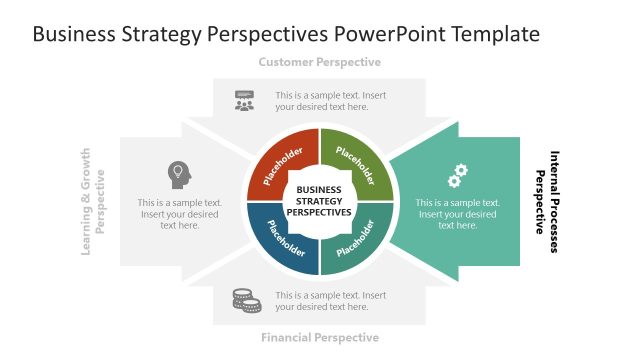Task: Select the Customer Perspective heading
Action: pos(319,62)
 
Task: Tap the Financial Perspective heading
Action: pos(319,338)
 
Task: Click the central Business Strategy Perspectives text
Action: pos(319,201)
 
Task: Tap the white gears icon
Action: pos(457,176)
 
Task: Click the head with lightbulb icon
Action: pos(179,174)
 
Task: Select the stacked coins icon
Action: pos(246,300)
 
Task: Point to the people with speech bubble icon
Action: pos(245,101)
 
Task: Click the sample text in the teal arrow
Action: pos(457,214)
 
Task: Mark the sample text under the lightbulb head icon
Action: pos(180,214)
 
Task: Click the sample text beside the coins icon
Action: pos(330,302)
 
